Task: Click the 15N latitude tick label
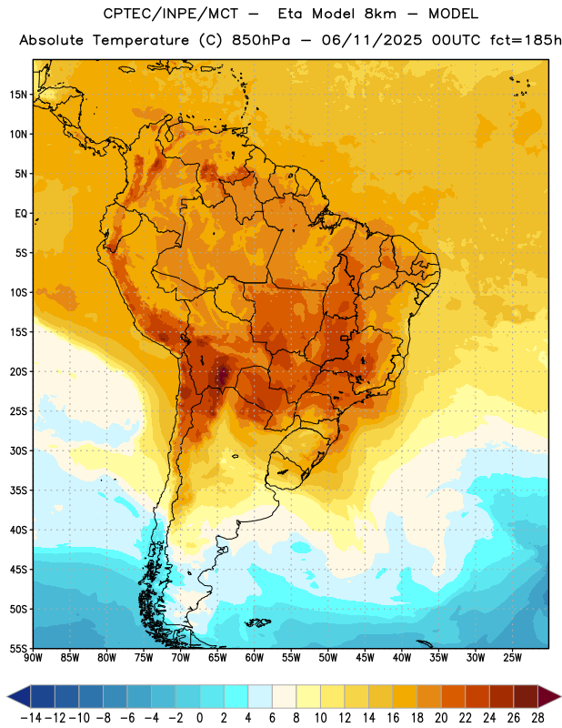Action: [x=18, y=95]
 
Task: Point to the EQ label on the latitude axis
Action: [x=21, y=214]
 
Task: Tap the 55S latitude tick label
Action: [x=18, y=649]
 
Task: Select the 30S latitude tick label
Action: [x=18, y=450]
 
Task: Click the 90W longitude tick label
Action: [x=33, y=658]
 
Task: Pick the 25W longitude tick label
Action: [x=512, y=658]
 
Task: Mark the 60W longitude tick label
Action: [x=255, y=658]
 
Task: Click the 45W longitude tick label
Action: [x=366, y=658]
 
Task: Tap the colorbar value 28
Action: [x=537, y=718]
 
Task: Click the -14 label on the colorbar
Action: [x=31, y=718]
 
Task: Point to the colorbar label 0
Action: [x=199, y=718]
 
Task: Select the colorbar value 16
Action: [x=393, y=718]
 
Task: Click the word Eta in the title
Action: [x=290, y=14]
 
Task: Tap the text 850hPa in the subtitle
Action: [x=261, y=40]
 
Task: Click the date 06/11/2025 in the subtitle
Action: [x=372, y=40]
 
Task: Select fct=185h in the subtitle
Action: [x=526, y=40]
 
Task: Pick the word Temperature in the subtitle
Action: [x=141, y=40]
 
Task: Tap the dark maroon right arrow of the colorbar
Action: [x=548, y=697]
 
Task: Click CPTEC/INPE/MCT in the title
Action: [x=171, y=14]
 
